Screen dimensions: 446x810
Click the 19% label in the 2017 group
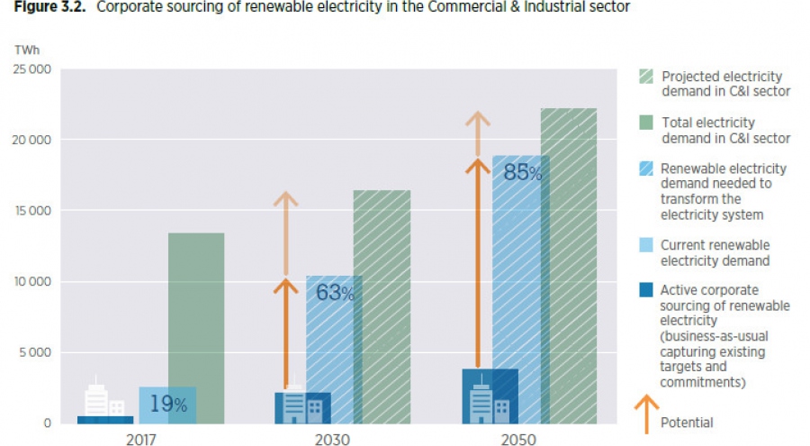coord(168,405)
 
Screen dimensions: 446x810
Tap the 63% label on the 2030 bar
coord(335,292)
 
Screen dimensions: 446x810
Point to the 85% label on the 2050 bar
coord(522,171)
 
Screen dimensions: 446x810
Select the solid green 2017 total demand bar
coord(196,328)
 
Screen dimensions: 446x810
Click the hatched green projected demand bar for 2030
coord(382,306)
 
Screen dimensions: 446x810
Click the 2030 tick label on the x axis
coord(333,439)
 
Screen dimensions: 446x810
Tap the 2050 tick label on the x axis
coord(518,439)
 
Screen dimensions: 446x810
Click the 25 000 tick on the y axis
coord(32,70)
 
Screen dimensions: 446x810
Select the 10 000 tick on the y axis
coord(32,282)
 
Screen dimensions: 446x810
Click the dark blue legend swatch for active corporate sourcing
coord(646,290)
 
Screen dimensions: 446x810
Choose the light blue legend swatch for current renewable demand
coord(646,245)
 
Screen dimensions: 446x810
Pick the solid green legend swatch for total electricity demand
coord(646,123)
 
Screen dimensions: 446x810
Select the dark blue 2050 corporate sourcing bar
coord(490,395)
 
